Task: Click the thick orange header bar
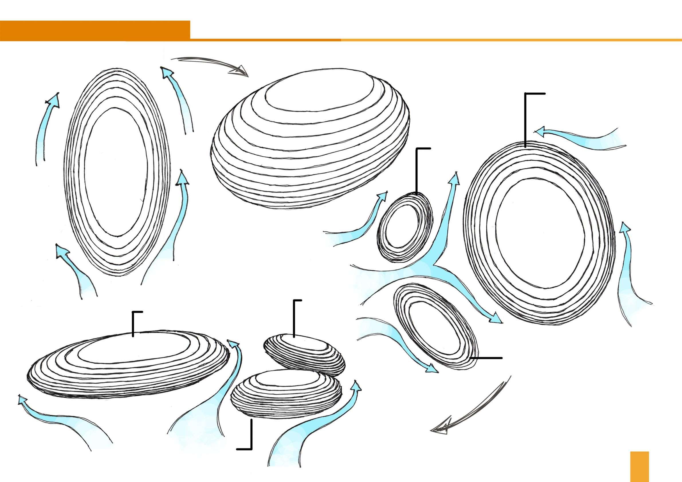[95, 31]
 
